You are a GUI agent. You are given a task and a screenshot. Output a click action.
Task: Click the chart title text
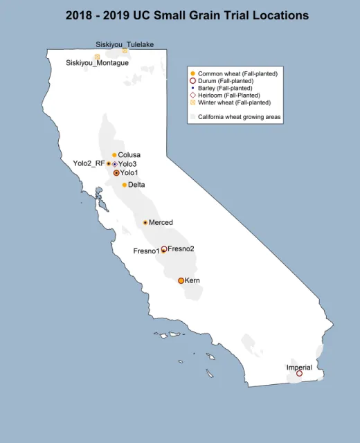[187, 15]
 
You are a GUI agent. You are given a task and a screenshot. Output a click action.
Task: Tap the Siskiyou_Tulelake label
[125, 44]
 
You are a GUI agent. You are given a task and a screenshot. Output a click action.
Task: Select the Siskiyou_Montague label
[97, 63]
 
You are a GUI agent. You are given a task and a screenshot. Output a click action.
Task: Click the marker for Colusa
[114, 155]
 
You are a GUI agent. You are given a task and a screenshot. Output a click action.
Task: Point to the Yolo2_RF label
[89, 163]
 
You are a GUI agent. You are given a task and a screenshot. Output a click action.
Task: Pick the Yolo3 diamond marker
[115, 164]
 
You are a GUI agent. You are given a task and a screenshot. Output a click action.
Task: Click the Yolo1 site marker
[116, 172]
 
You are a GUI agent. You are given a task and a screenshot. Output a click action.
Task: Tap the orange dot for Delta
[125, 185]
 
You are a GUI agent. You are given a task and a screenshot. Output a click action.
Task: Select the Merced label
[161, 222]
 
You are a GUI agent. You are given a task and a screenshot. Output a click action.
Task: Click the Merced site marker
[145, 222]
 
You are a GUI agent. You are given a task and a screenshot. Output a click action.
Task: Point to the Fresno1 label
[146, 251]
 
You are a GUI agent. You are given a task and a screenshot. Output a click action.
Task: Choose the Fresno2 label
[181, 248]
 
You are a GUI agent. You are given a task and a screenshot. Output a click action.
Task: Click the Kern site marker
[181, 280]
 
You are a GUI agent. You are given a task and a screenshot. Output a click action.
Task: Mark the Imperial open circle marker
[299, 374]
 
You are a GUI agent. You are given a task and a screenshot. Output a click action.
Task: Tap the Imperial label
[299, 367]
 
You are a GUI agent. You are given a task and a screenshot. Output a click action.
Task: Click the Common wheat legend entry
[228, 73]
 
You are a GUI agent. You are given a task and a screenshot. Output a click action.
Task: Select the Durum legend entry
[225, 81]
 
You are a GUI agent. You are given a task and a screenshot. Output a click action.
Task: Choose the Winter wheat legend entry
[231, 102]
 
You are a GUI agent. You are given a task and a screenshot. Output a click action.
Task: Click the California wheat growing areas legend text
[240, 117]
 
